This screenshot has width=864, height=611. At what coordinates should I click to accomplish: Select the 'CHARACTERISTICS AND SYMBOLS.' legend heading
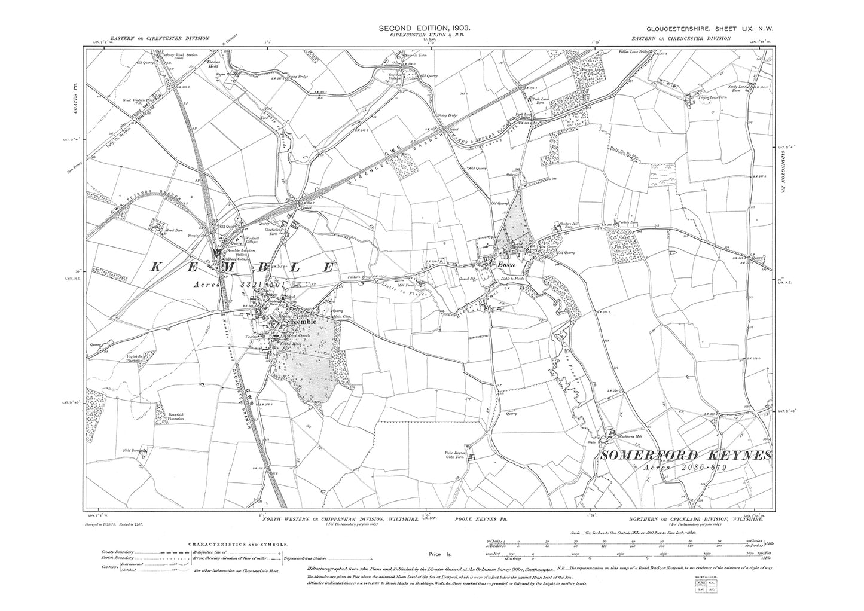(238, 545)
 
